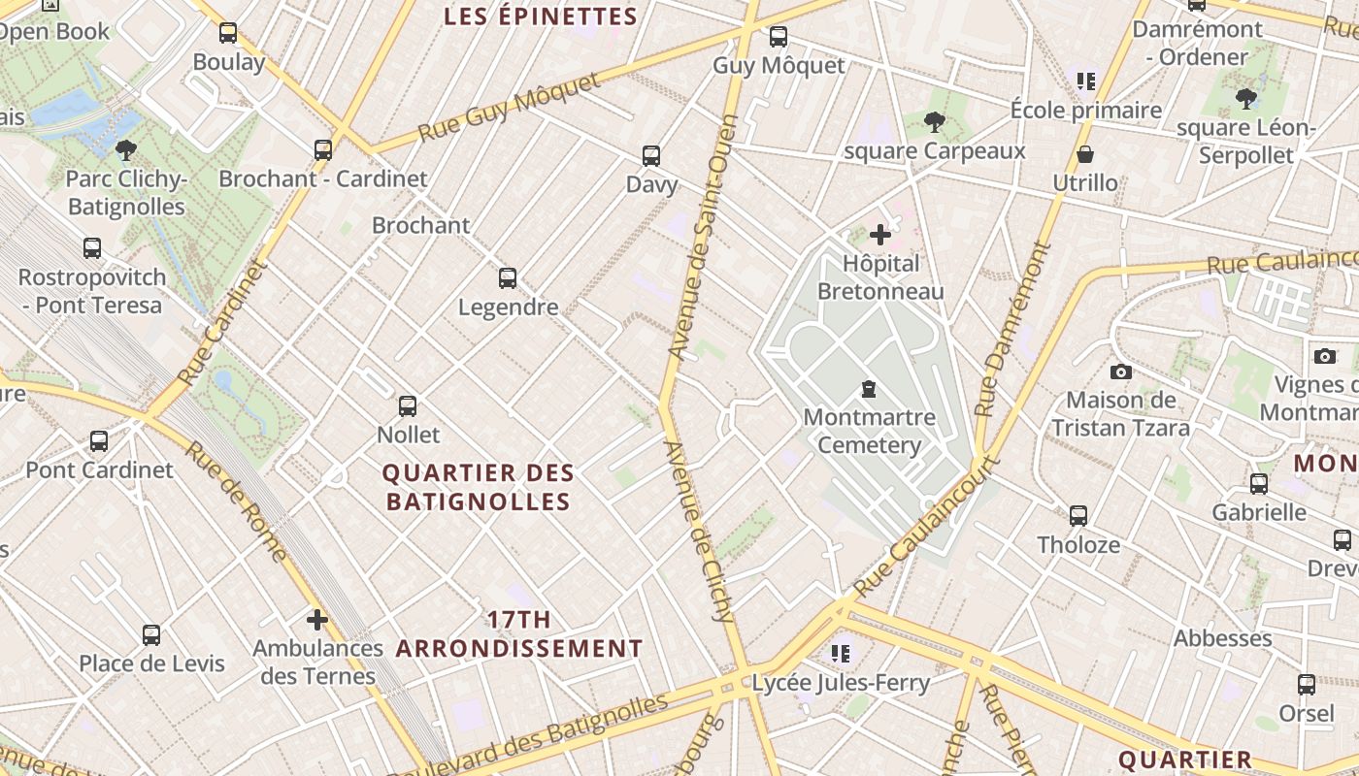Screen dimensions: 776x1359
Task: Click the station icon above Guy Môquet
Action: coord(778,37)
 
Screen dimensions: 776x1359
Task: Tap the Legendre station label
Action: coord(508,307)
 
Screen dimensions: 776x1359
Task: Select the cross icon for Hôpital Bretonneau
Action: coord(879,235)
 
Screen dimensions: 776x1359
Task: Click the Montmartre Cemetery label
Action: coord(869,432)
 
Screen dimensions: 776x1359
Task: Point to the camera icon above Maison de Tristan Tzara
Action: coord(1120,372)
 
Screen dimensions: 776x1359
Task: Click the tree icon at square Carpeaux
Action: coord(934,122)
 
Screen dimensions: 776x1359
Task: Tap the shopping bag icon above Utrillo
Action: coord(1085,155)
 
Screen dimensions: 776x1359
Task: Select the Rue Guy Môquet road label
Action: coord(510,107)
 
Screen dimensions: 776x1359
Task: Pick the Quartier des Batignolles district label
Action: coord(479,487)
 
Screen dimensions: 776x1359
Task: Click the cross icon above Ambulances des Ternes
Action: coord(316,620)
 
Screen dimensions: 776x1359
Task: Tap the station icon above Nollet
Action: coord(408,406)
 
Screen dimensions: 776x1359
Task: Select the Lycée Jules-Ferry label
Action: coord(841,683)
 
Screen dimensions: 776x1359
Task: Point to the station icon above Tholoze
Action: coord(1077,516)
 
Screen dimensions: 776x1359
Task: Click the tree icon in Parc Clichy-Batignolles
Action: coord(125,150)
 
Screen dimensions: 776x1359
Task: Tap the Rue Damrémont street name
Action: coord(1013,330)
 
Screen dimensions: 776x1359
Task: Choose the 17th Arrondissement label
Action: coord(519,634)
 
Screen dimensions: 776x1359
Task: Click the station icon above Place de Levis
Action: coord(151,635)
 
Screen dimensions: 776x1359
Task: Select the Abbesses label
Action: coord(1222,638)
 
